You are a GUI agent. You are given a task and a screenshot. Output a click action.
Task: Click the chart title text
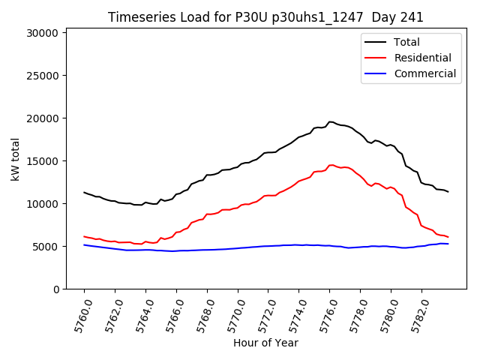[265, 17]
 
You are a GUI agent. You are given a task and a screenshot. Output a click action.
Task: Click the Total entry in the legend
[406, 42]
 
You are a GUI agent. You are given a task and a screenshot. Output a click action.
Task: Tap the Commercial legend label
[424, 73]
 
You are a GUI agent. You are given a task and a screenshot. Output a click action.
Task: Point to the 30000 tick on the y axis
[39, 33]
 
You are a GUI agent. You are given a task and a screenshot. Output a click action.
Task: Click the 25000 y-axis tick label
[39, 76]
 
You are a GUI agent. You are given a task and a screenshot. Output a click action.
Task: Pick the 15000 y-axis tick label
[39, 161]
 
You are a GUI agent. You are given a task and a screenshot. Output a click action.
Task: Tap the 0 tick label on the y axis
[55, 289]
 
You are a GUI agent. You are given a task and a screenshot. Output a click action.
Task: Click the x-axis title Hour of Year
[265, 343]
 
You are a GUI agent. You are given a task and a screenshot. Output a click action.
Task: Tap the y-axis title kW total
[15, 159]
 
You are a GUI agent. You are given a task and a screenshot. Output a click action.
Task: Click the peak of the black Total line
[330, 121]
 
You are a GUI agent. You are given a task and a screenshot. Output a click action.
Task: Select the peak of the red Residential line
[330, 165]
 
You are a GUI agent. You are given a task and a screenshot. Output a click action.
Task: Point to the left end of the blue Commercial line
[84, 244]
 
